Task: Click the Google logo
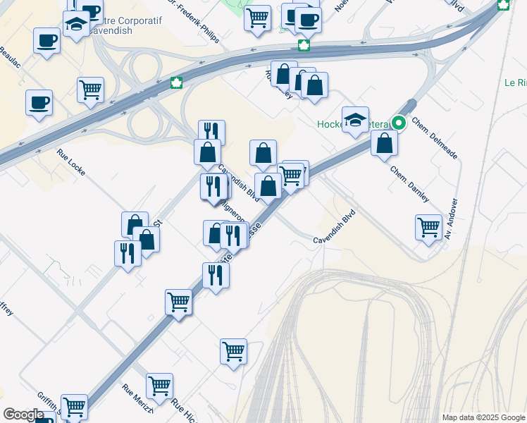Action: pyautogui.click(x=23, y=415)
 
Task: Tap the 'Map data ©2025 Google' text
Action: pyautogui.click(x=483, y=417)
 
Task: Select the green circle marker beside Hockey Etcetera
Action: pyautogui.click(x=399, y=123)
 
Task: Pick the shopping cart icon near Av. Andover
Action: pyautogui.click(x=428, y=227)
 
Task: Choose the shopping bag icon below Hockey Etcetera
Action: pyautogui.click(x=385, y=143)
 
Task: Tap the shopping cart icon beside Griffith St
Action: pyautogui.click(x=74, y=405)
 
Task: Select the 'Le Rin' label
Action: pyautogui.click(x=514, y=82)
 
